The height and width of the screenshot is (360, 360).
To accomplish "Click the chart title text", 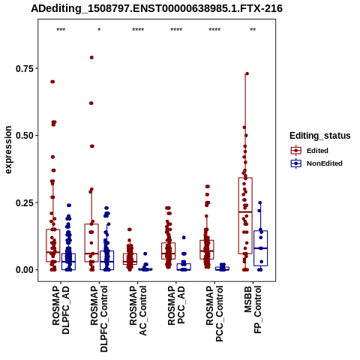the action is [157, 8].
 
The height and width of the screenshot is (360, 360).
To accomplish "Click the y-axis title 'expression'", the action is [8, 150].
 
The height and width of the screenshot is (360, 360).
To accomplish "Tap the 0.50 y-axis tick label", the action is [25, 136].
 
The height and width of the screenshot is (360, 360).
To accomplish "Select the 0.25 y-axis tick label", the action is [25, 202].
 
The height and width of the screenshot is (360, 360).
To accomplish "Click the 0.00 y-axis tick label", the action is [25, 270].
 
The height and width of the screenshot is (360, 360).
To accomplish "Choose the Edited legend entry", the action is [317, 151].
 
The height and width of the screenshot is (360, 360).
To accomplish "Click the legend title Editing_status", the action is [320, 136].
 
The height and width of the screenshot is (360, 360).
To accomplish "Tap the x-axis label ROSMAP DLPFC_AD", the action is [61, 310].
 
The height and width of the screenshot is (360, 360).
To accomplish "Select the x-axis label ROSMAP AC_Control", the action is [138, 310].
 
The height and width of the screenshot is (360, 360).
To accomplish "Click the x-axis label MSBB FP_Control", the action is [253, 310].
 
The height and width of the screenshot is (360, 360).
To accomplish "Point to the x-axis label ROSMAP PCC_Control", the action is [214, 313].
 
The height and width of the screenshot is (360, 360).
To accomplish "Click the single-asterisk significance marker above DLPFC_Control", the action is [99, 30].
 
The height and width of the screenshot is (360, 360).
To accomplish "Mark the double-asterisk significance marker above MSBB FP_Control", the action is [253, 30].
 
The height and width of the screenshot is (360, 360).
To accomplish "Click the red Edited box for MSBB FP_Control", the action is [245, 216].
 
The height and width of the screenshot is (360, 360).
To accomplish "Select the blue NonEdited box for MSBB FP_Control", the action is [260, 248].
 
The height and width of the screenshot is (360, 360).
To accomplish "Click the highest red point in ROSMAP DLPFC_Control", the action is [91, 58].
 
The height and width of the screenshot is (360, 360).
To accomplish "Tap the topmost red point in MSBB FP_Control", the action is [247, 73].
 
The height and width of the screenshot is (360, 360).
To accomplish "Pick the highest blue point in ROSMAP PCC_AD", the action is [184, 238].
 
